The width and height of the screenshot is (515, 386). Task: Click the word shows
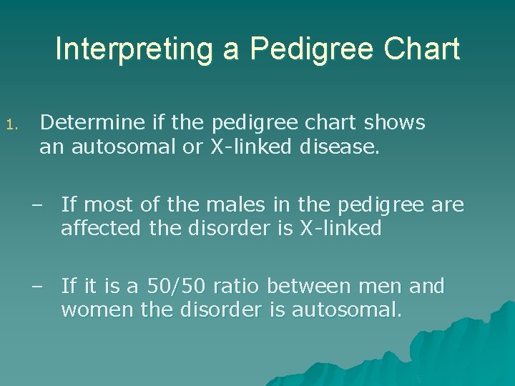point(394,123)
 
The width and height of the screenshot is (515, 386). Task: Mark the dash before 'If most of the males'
point(36,206)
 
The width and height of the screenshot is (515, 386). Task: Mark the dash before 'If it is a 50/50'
point(36,287)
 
